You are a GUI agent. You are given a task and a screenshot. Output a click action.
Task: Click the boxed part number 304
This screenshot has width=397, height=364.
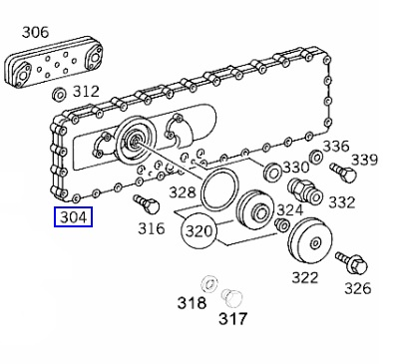pos(73,217)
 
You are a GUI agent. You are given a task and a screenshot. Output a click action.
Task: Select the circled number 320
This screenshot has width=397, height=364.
pos(198,230)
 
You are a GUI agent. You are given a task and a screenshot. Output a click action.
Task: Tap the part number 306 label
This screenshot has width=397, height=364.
pos(35,32)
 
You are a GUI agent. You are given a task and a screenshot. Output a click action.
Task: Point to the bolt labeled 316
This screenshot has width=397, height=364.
pos(147,204)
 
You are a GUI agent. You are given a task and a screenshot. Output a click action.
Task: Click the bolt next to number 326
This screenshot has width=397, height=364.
pos(351,263)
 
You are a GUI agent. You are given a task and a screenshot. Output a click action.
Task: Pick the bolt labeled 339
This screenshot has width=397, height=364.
pos(343,173)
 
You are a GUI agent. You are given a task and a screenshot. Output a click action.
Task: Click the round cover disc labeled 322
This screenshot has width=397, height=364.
pos(310,241)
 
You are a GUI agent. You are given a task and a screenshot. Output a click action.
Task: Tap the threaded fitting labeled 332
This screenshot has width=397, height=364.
pos(305,192)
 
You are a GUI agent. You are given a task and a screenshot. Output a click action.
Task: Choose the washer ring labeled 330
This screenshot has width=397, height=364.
pos(272,171)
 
